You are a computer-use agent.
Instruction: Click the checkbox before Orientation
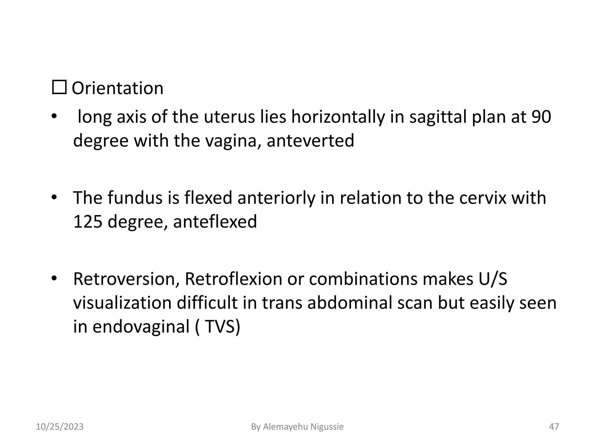(59, 87)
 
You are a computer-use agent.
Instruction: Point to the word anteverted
(310, 141)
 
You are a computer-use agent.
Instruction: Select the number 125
(88, 221)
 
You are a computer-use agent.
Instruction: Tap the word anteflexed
(215, 221)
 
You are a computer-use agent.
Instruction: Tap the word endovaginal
(141, 327)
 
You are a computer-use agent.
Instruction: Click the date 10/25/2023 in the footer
(60, 427)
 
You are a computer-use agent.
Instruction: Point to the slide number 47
(554, 427)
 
